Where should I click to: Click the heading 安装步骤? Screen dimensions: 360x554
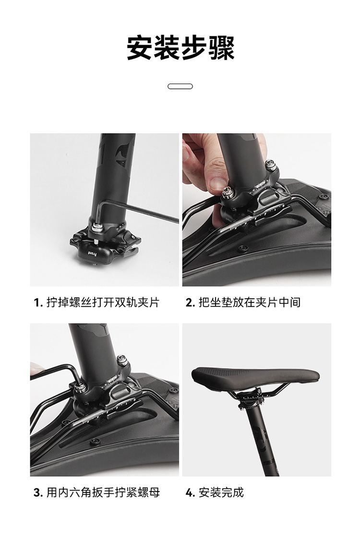(x=180, y=48)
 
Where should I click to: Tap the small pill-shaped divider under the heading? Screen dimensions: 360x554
(x=180, y=86)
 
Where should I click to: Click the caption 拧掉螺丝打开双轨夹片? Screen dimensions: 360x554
(x=103, y=302)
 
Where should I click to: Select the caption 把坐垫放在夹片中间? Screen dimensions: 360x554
(x=250, y=302)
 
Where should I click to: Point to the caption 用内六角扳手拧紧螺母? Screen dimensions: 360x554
(x=103, y=492)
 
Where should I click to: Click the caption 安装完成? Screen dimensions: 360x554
(x=221, y=492)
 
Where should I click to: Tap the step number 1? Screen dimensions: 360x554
(x=37, y=303)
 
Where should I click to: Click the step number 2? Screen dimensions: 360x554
(x=190, y=303)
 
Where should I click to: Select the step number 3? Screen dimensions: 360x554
(x=38, y=493)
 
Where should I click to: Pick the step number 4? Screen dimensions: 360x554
(x=190, y=493)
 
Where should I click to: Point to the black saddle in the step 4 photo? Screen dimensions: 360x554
(x=255, y=377)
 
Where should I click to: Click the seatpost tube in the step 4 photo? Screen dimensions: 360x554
(x=262, y=442)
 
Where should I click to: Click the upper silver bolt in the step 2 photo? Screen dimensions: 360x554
(x=271, y=165)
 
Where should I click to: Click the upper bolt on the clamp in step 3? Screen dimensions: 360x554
(x=121, y=360)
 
